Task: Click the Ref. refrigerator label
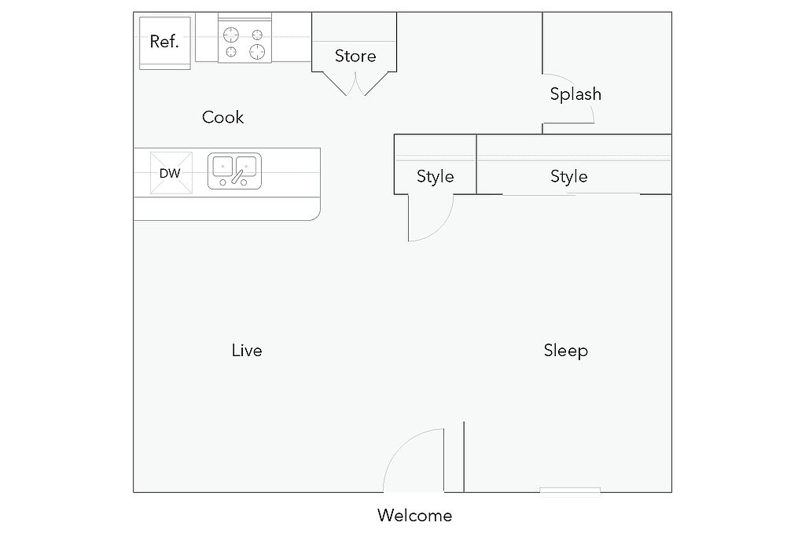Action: [x=164, y=42]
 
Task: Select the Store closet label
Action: [x=355, y=56]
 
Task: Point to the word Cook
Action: [x=223, y=117]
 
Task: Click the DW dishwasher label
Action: [x=170, y=173]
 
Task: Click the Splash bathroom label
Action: [x=575, y=94]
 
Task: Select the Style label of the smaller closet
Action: [x=435, y=176]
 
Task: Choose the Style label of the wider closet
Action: [x=568, y=176]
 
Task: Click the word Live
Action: [x=247, y=350]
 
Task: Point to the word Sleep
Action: [x=566, y=350]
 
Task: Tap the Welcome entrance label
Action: [x=414, y=516]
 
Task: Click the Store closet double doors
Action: [x=355, y=83]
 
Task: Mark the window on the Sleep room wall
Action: [x=570, y=491]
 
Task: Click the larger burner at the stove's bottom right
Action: [x=257, y=52]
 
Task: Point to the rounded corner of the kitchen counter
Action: [x=314, y=213]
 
